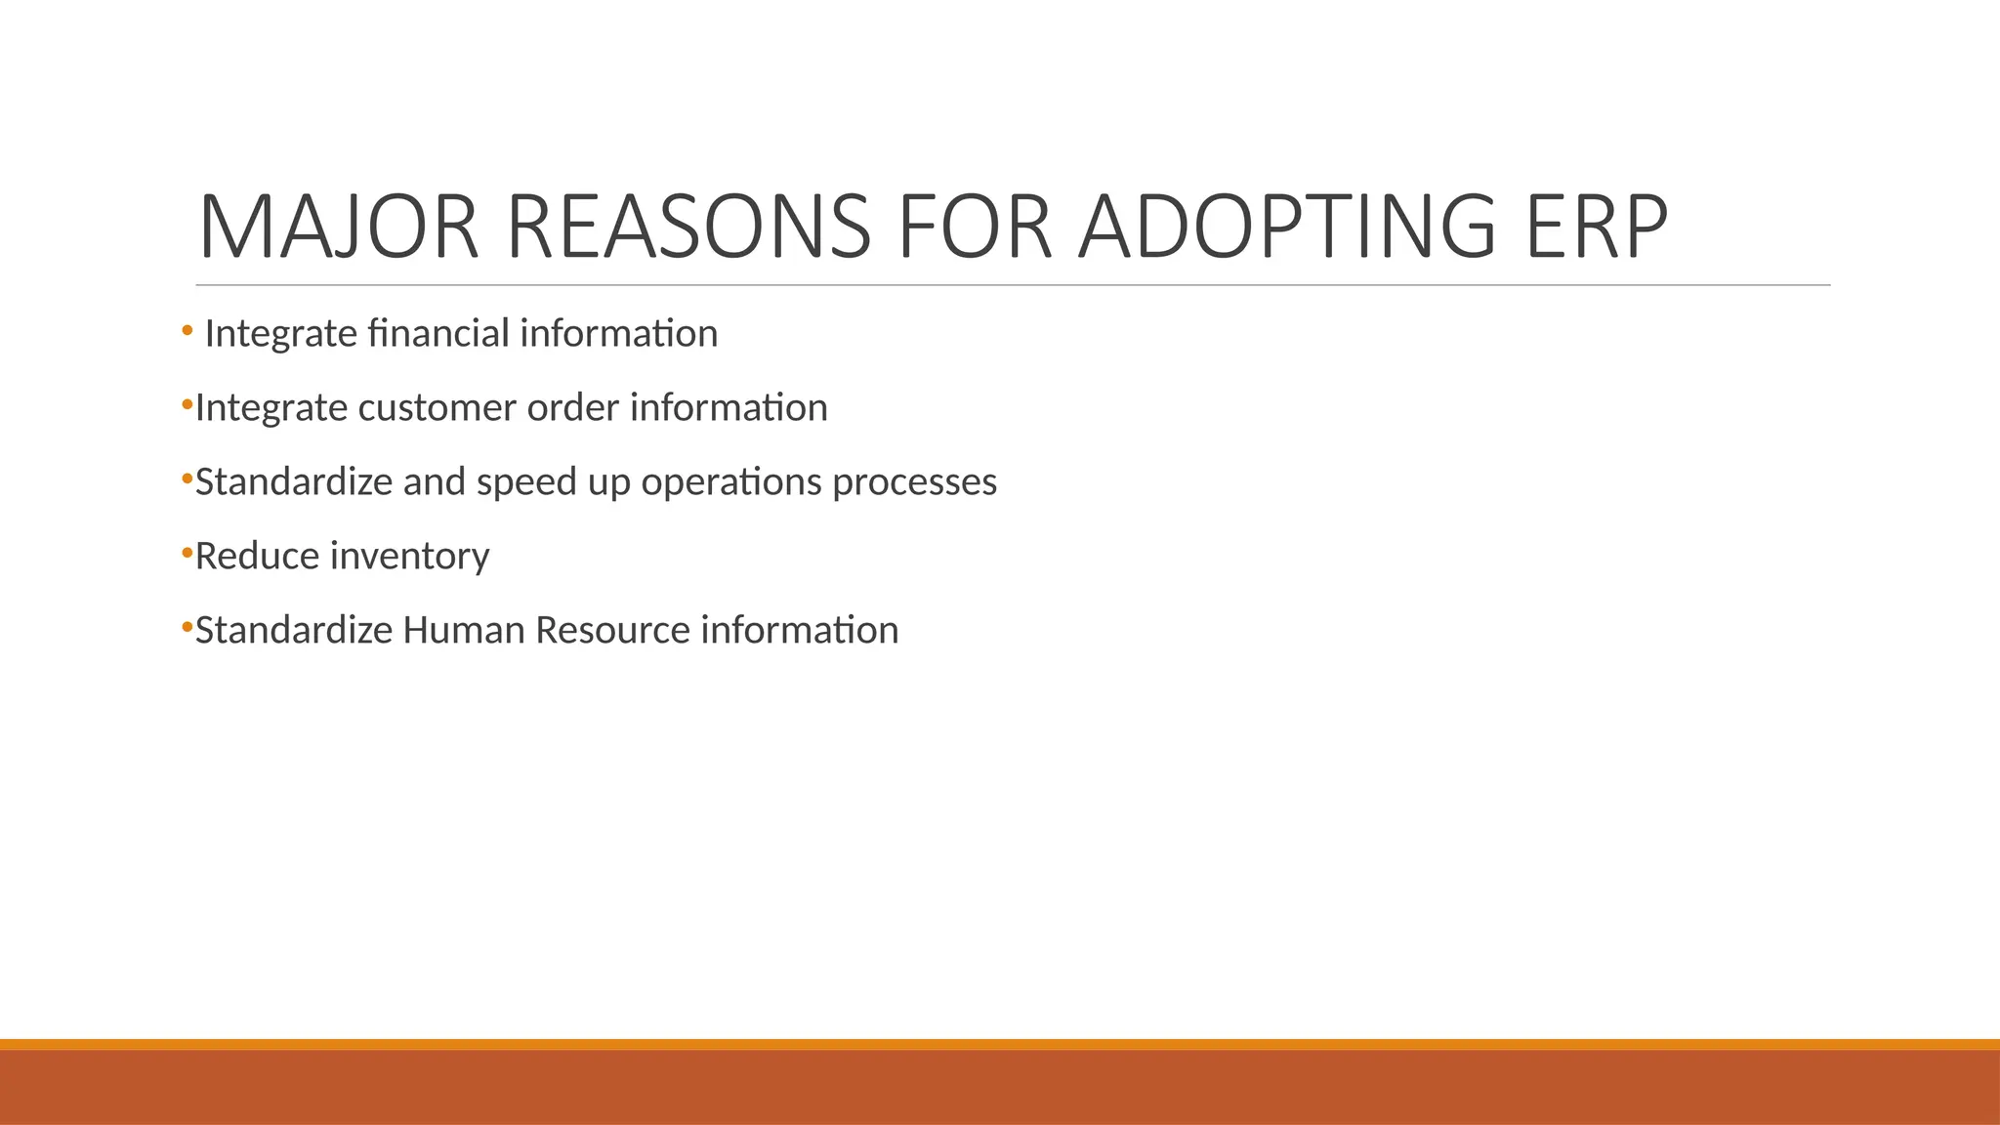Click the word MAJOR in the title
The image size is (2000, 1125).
pyautogui.click(x=338, y=228)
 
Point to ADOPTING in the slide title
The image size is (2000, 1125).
pyautogui.click(x=1286, y=228)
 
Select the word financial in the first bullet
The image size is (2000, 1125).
pyautogui.click(x=438, y=334)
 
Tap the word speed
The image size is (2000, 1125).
pyautogui.click(x=527, y=482)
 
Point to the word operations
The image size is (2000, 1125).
pyautogui.click(x=731, y=482)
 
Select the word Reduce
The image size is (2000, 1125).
pyautogui.click(x=257, y=557)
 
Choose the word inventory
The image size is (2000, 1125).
pyautogui.click(x=409, y=557)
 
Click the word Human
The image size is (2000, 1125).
pyautogui.click(x=463, y=631)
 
